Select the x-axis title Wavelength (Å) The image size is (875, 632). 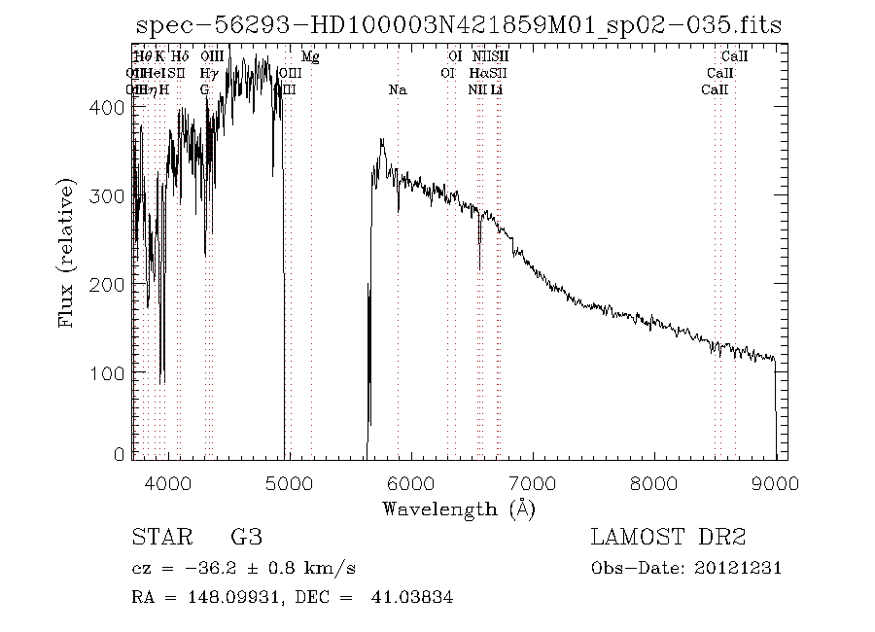tap(458, 508)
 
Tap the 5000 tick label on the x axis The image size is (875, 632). tap(289, 482)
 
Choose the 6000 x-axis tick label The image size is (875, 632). tap(410, 482)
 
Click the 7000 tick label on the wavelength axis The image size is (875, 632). tap(532, 482)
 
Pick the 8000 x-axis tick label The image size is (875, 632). tap(653, 482)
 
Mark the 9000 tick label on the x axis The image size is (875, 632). tap(775, 482)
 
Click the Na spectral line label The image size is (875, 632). tap(397, 89)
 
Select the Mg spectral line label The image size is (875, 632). tap(310, 56)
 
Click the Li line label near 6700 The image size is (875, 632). tap(496, 89)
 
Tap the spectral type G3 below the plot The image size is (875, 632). tap(246, 538)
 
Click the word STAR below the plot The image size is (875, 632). tap(158, 538)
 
